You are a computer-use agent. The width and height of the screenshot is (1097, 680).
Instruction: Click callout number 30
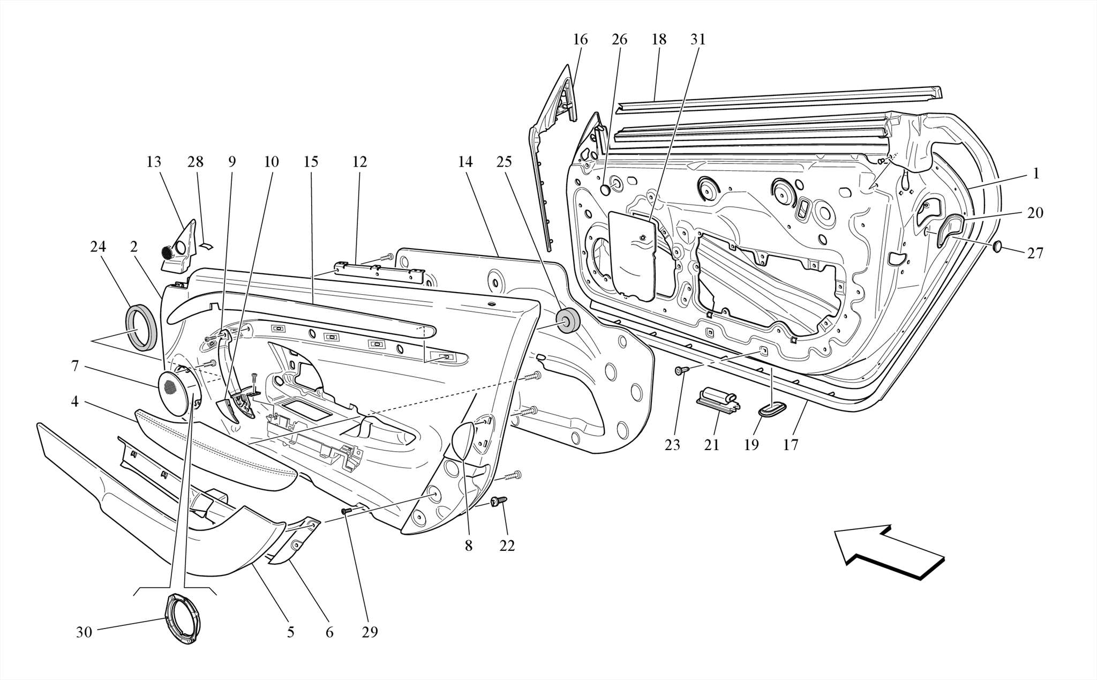click(x=84, y=632)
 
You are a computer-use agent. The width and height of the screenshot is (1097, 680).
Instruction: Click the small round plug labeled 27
click(x=997, y=247)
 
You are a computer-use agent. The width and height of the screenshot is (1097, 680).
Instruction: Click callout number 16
click(x=580, y=40)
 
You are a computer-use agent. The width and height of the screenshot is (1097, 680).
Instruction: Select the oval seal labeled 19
click(x=772, y=411)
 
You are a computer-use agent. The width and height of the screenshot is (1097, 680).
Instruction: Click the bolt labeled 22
click(x=498, y=501)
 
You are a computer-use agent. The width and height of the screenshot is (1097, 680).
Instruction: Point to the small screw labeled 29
click(x=347, y=511)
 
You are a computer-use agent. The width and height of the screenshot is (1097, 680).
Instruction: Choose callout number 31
click(x=698, y=40)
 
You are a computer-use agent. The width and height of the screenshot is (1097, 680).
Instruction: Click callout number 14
click(x=465, y=162)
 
